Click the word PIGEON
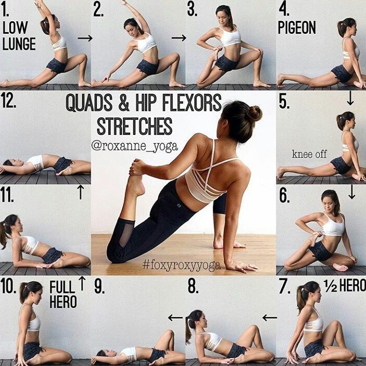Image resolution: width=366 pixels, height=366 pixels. [x=297, y=27]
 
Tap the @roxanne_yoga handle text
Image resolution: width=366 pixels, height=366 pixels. [x=134, y=146]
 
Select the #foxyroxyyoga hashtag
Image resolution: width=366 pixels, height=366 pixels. [x=181, y=265]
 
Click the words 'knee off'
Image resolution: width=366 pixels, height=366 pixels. [x=309, y=154]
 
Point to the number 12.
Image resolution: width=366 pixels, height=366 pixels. [x=9, y=101]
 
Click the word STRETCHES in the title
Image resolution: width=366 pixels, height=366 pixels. [x=135, y=126]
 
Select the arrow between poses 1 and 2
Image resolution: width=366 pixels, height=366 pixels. [x=85, y=38]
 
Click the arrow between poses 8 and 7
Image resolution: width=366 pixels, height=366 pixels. [x=270, y=318]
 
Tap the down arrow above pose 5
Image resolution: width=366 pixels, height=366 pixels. [x=350, y=98]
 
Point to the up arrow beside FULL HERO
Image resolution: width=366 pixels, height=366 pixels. [x=82, y=284]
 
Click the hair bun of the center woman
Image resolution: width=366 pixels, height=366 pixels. [x=255, y=114]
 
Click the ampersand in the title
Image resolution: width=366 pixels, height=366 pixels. [x=124, y=103]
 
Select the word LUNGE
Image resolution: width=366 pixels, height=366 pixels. [x=19, y=44]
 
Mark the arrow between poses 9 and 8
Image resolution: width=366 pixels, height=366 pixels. [x=175, y=318]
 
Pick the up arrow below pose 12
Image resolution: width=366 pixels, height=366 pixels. [x=80, y=192]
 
